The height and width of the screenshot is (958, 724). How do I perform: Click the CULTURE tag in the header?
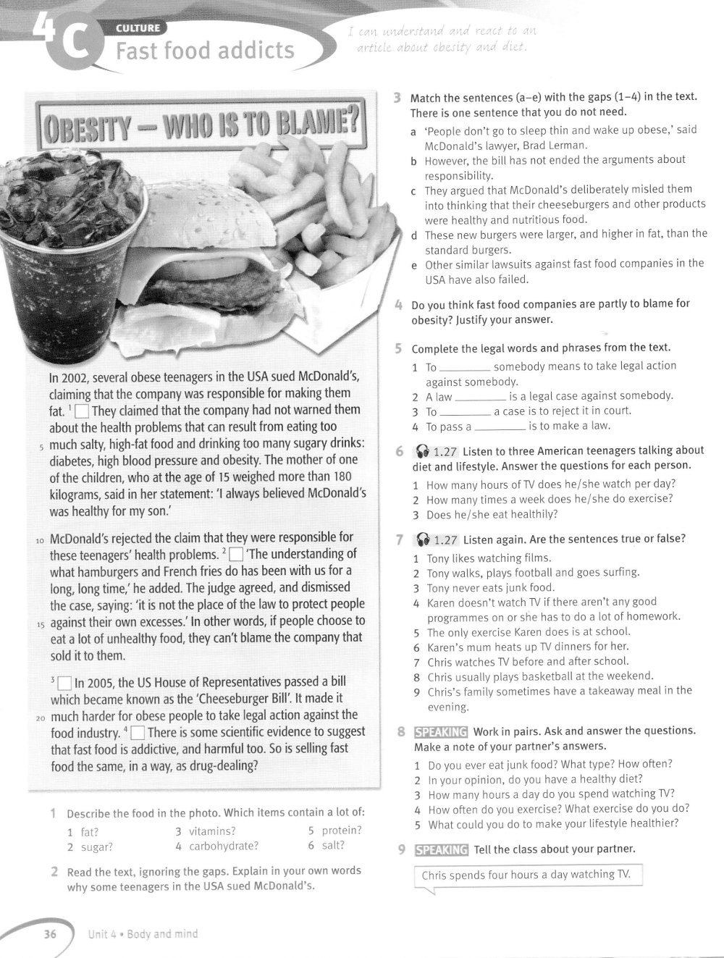[141, 29]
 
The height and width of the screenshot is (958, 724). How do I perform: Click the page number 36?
[50, 934]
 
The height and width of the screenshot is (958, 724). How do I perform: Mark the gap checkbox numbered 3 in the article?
[64, 683]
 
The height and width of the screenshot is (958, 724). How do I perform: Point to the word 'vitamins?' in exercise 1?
[212, 831]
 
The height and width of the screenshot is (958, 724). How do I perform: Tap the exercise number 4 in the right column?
[399, 304]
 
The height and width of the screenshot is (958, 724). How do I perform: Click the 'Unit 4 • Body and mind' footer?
[143, 934]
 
